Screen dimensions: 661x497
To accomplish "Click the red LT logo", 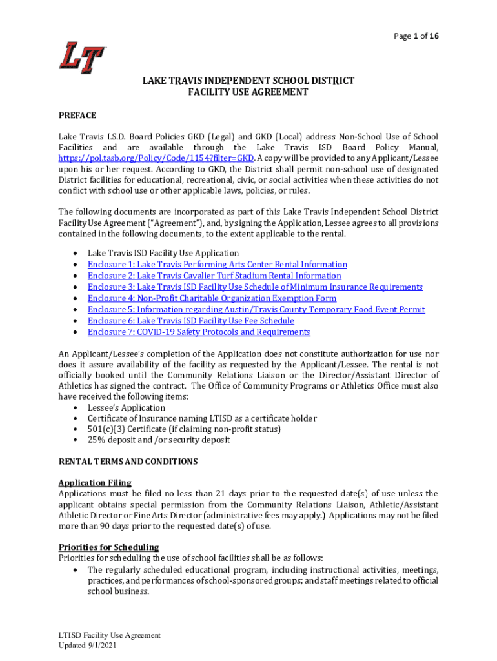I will point(82,57).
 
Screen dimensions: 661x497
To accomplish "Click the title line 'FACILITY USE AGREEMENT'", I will point(248,92).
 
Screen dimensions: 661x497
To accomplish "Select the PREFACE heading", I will point(77,115).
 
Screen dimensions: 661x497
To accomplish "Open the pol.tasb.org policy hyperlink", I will point(156,158).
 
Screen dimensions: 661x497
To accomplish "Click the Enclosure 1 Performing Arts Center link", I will point(217,265).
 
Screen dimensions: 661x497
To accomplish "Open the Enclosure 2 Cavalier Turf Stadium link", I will point(214,276).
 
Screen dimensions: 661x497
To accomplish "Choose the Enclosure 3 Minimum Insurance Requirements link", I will point(255,287).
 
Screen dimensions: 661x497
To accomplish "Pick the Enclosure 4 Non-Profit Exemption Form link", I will point(212,298).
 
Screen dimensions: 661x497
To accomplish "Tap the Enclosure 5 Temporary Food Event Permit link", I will point(256,310).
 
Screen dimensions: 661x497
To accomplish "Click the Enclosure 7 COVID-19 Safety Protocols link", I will point(199,332).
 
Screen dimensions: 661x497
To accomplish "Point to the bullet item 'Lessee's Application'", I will point(127,408).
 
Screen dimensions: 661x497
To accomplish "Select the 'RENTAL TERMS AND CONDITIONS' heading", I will point(128,462).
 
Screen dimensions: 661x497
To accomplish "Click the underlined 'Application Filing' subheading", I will point(95,483).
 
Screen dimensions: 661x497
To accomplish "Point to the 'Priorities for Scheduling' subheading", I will point(108,547).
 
